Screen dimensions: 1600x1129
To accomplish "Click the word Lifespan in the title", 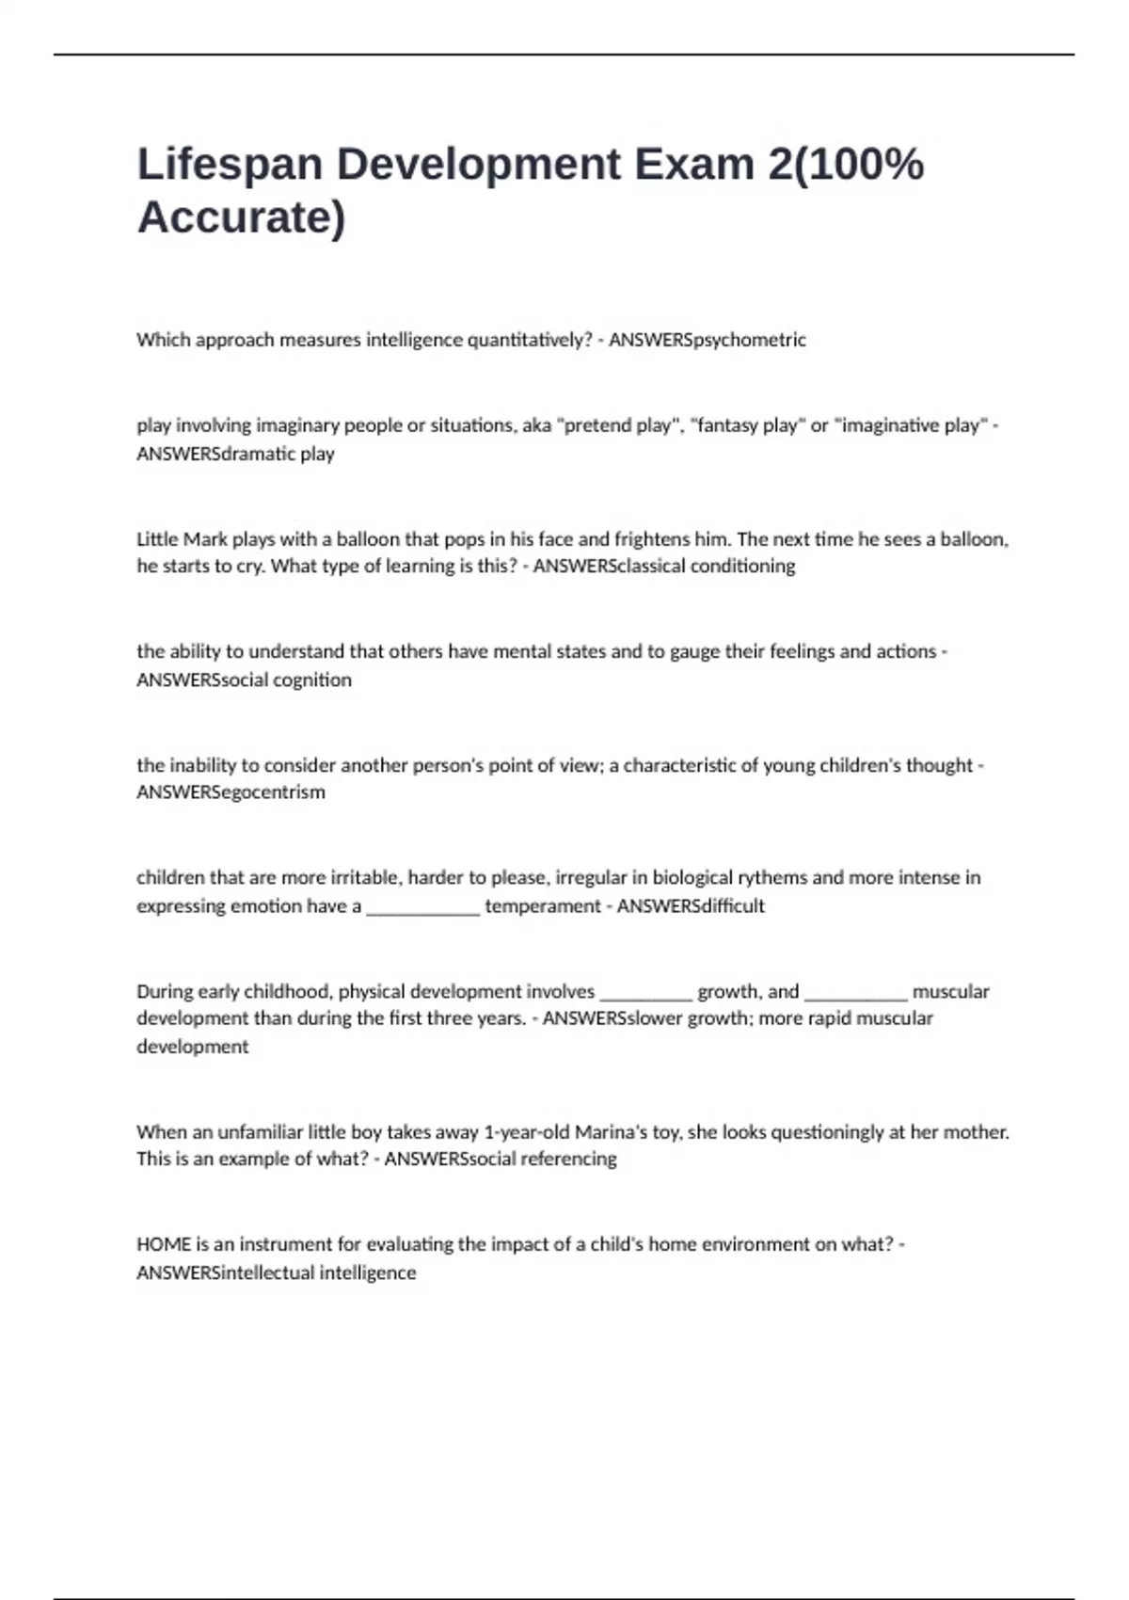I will coord(230,166).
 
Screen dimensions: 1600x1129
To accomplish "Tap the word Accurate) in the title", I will coord(242,217).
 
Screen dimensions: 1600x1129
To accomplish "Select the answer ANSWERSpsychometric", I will coord(707,340).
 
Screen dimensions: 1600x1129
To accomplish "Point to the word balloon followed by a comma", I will coord(975,539).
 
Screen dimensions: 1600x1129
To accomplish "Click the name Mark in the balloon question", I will coord(205,539).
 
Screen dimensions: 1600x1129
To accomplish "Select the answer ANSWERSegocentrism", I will coord(231,792).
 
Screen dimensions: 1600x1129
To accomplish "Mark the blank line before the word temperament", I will coord(422,908).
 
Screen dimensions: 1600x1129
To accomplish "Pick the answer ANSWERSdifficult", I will coord(691,906).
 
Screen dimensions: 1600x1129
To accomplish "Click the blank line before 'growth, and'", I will coord(645,994).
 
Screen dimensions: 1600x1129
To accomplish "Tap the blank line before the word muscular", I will coord(855,994).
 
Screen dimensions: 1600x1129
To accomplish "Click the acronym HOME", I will coord(164,1244).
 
